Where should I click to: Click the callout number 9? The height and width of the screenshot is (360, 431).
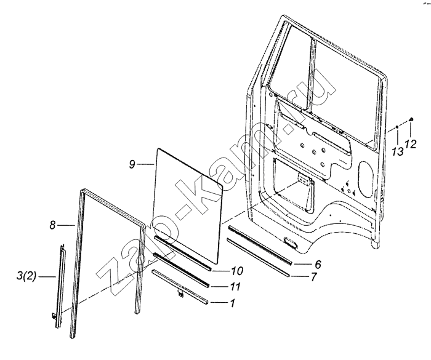[132, 164]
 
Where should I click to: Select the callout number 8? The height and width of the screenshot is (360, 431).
[53, 226]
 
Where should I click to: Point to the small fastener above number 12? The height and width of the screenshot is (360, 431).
[410, 119]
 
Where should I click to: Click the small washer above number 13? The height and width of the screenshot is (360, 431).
[397, 128]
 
